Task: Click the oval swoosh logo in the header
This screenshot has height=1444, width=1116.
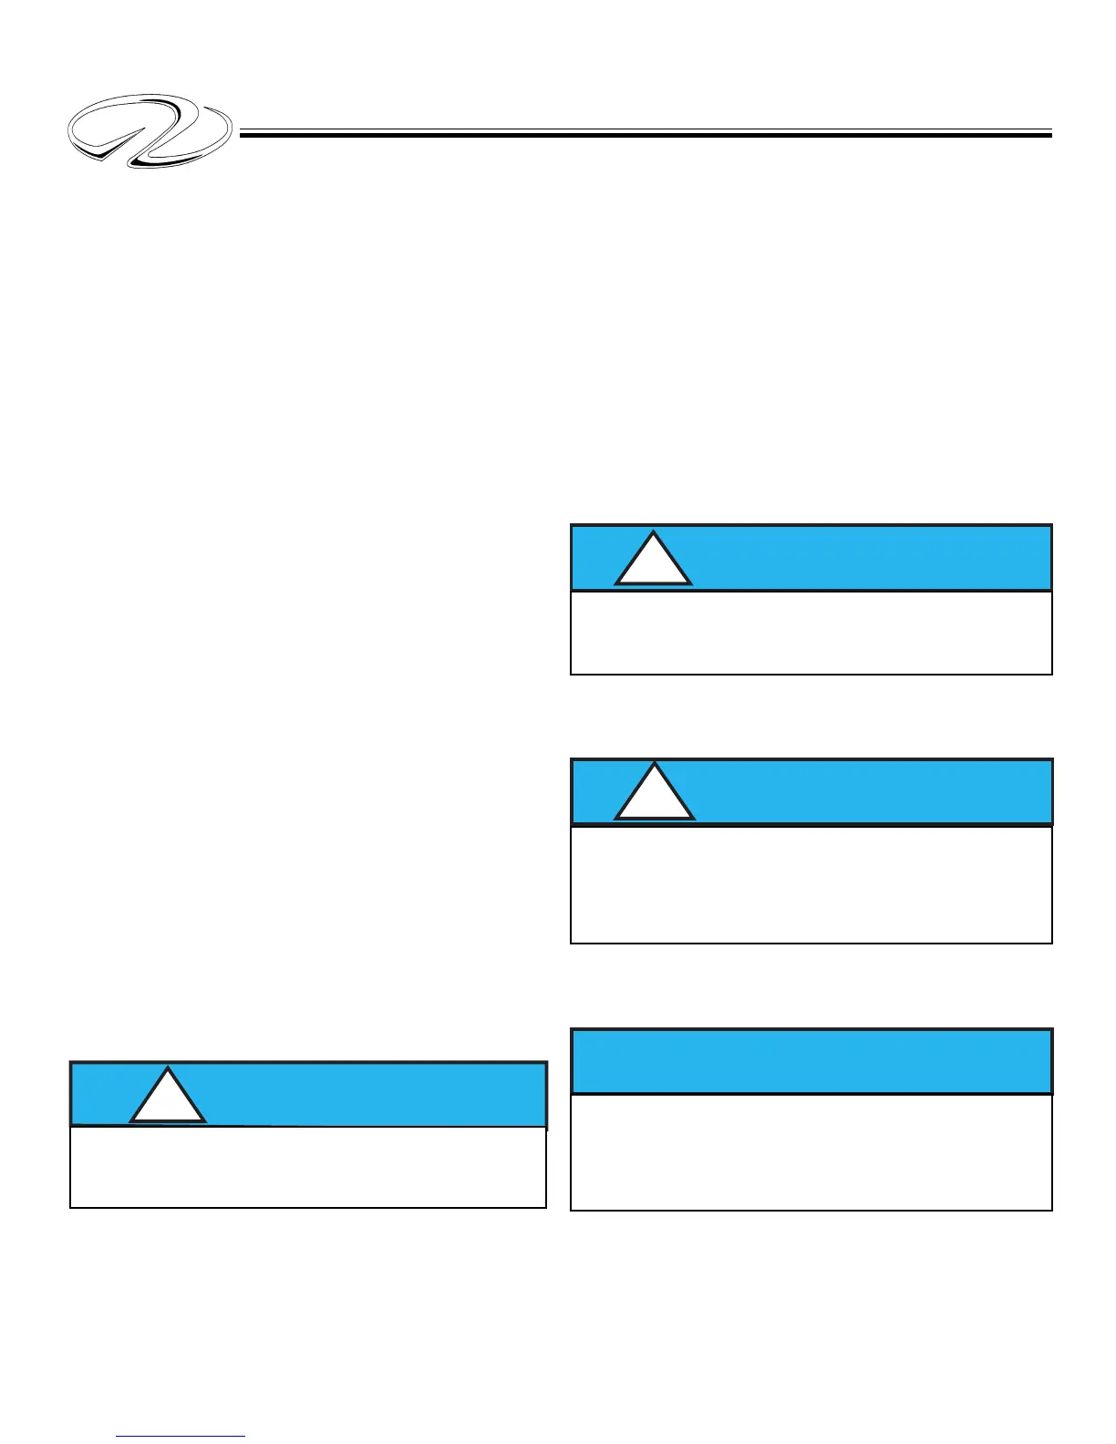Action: pos(150,130)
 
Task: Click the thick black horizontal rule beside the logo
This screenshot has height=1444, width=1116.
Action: pos(646,135)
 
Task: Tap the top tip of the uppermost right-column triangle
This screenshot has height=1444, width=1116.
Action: pos(653,532)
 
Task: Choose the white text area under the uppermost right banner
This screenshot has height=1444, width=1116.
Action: pos(811,633)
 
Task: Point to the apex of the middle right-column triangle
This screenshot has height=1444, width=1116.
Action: pos(655,765)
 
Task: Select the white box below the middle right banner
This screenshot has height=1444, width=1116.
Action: pos(811,883)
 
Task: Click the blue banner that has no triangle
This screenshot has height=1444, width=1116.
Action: pos(811,1061)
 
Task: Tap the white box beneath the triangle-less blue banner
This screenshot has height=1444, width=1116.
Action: pos(811,1151)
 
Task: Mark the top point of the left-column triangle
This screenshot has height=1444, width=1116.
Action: pos(168,1068)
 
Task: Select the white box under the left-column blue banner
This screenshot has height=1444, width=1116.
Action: pos(308,1168)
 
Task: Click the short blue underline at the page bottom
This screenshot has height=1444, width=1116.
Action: pos(181,1437)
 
